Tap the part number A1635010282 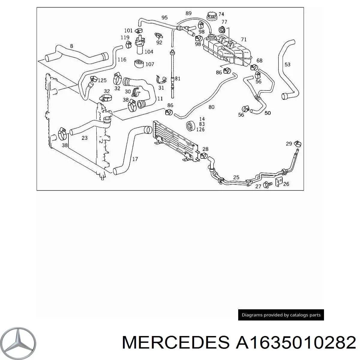(295, 342)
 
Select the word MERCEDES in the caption (176, 342)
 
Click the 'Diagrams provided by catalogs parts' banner (281, 315)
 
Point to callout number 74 (221, 14)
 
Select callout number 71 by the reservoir (244, 39)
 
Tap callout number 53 (287, 64)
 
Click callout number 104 (149, 52)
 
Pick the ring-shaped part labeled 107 (139, 64)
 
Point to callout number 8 (72, 46)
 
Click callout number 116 (122, 60)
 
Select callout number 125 (102, 80)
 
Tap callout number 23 (84, 138)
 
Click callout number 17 (135, 159)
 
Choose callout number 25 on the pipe (236, 177)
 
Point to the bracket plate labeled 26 (279, 182)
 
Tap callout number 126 (200, 130)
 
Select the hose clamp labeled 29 (297, 143)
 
